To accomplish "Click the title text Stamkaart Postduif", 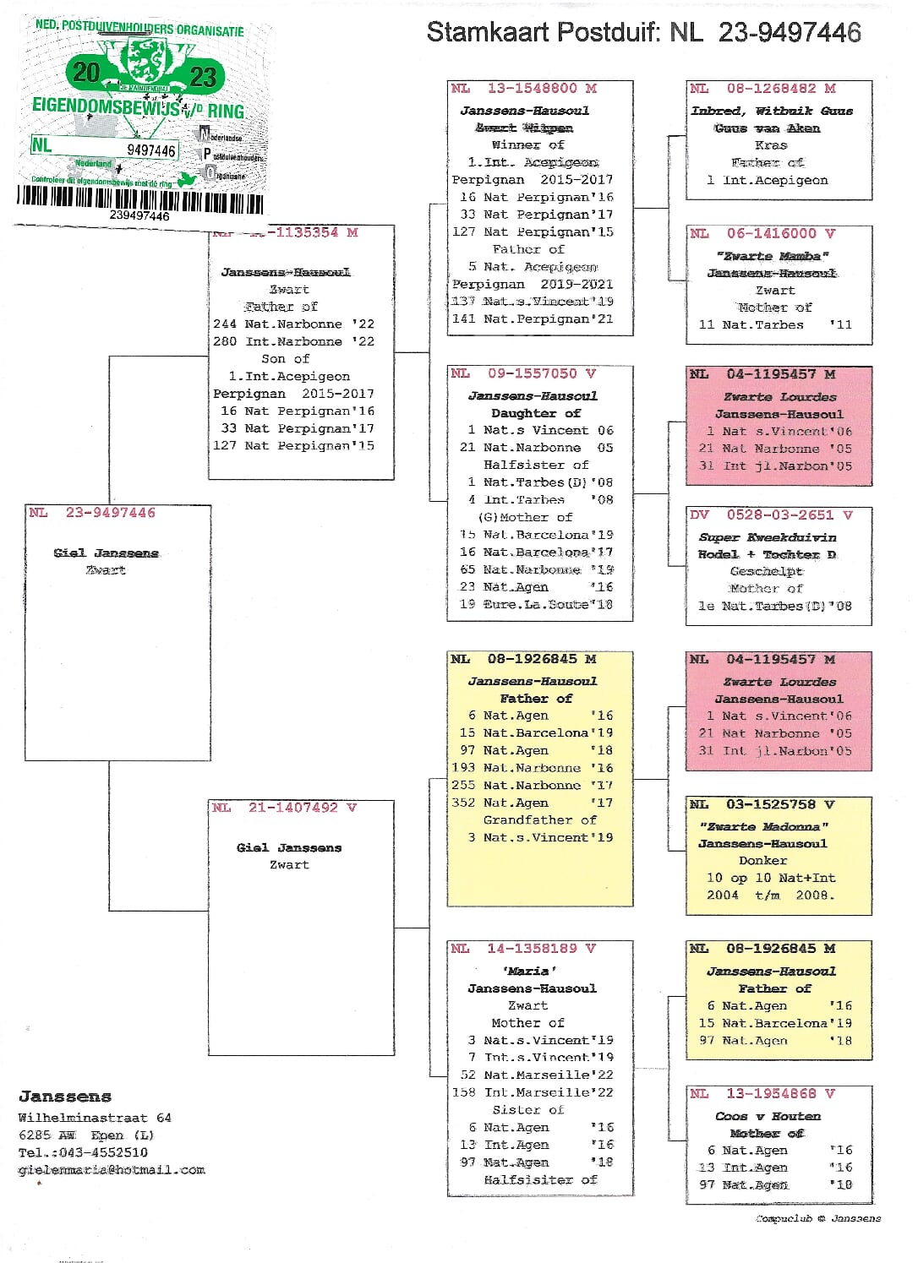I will pyautogui.click(x=542, y=33).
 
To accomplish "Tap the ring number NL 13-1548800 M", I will pyautogui.click(x=524, y=89).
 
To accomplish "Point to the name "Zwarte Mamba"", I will pyautogui.click(x=772, y=256).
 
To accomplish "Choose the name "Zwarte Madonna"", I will pyautogui.click(x=763, y=826).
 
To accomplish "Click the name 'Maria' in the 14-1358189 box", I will pyautogui.click(x=529, y=972).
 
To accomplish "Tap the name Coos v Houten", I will pyautogui.click(x=768, y=1116).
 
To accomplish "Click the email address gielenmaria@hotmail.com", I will pyautogui.click(x=112, y=1170).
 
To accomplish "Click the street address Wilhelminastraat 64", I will pyautogui.click(x=95, y=1118).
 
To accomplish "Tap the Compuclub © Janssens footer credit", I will pyautogui.click(x=818, y=1218).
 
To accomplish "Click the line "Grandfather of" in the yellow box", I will pyautogui.click(x=539, y=820).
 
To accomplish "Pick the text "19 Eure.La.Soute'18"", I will pyautogui.click(x=536, y=605).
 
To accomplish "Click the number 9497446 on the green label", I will pyautogui.click(x=151, y=150).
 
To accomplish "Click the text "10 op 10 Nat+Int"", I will pyautogui.click(x=771, y=878).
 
